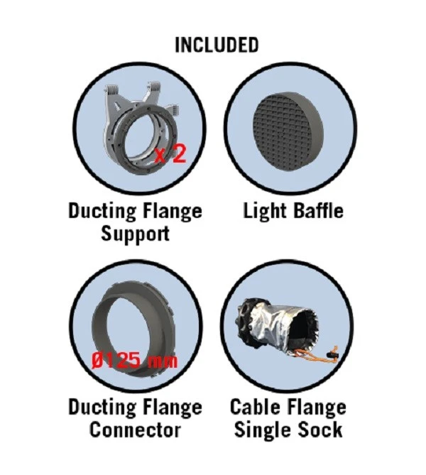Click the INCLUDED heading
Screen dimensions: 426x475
tap(217, 45)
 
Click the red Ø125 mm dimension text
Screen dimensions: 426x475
tap(134, 361)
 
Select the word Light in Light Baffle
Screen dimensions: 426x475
tap(265, 211)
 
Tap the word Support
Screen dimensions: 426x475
tap(135, 234)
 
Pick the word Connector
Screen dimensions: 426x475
tap(135, 430)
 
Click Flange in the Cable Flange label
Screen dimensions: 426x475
tap(317, 408)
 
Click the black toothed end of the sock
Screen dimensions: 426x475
tap(247, 318)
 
